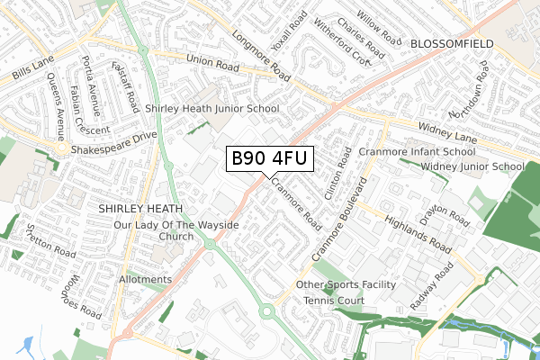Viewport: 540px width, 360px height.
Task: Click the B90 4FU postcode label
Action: [x=269, y=159]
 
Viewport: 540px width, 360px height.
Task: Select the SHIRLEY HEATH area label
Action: [x=140, y=208]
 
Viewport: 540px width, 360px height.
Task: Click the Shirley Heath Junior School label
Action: [x=212, y=108]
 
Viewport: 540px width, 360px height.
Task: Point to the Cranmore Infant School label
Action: [x=416, y=152]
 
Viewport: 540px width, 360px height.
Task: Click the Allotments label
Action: [x=145, y=280]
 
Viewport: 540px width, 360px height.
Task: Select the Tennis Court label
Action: [x=333, y=300]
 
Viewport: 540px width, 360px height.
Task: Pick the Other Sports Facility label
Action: [x=346, y=284]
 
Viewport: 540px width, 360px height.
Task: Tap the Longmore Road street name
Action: [x=261, y=53]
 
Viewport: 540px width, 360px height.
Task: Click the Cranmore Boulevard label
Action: [x=341, y=226]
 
